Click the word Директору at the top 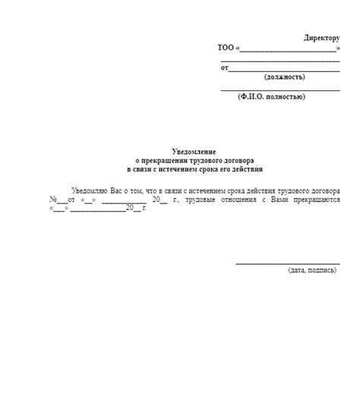tap(321, 37)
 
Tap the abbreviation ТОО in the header tap(226, 48)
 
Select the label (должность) tap(285, 77)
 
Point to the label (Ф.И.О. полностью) tap(271, 97)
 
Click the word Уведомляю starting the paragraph tap(90, 190)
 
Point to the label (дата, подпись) tap(311, 270)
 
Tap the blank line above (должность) tap(283, 69)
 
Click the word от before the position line tap(224, 68)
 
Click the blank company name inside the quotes tap(288, 49)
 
